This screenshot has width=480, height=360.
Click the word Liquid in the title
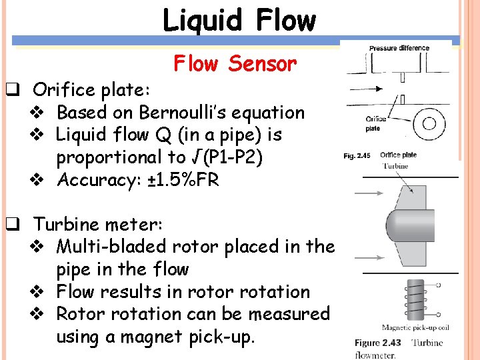[198, 21]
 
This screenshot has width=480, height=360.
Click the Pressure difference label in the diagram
[399, 48]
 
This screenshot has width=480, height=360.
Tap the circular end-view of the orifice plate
[429, 123]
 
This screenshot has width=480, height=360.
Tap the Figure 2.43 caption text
[377, 343]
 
